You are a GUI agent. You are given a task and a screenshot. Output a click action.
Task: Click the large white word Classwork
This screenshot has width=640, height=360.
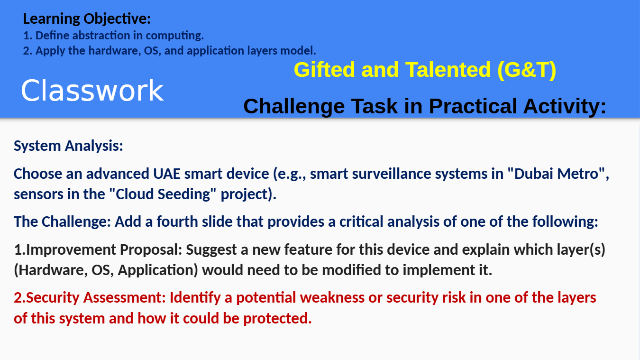click(92, 91)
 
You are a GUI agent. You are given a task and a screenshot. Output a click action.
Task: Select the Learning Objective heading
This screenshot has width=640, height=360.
click(87, 19)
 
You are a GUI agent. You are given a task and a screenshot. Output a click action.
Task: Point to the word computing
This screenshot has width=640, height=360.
click(174, 36)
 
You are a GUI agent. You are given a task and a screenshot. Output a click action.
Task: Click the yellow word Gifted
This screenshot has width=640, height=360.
click(324, 69)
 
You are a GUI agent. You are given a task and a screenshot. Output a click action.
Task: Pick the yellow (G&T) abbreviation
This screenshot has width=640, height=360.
click(527, 70)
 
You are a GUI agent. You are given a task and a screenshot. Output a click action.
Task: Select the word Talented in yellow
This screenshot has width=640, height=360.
click(448, 69)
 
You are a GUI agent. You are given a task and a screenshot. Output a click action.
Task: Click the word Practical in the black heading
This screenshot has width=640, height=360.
click(473, 106)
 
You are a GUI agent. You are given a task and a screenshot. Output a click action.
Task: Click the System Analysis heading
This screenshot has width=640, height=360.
click(68, 146)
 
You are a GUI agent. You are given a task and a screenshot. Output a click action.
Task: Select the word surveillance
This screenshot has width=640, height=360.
click(392, 174)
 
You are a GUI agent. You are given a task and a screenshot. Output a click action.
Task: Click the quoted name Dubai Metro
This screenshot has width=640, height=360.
click(556, 174)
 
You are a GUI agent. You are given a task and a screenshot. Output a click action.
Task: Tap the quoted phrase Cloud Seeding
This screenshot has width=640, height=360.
click(163, 194)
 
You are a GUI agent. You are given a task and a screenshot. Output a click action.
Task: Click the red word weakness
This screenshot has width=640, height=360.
click(332, 298)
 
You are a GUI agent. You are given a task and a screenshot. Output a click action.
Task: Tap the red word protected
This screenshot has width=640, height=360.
click(277, 319)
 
